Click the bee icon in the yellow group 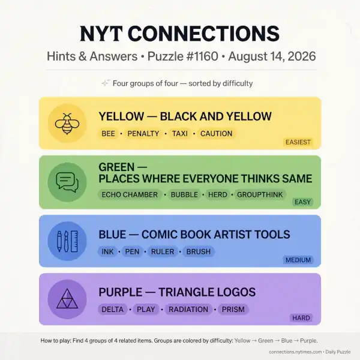pyautogui.click(x=67, y=124)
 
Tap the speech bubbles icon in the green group pyautogui.click(x=67, y=182)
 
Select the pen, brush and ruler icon pyautogui.click(x=67, y=241)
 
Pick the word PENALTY pyautogui.click(x=143, y=134)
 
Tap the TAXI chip pyautogui.click(x=180, y=134)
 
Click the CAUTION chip pyautogui.click(x=216, y=134)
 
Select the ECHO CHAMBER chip pyautogui.click(x=130, y=194)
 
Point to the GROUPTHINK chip pyautogui.click(x=260, y=194)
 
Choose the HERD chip pyautogui.click(x=217, y=194)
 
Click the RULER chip pyautogui.click(x=163, y=251)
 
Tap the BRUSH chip pyautogui.click(x=199, y=251)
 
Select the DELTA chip pyautogui.click(x=113, y=310)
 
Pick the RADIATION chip pyautogui.click(x=188, y=310)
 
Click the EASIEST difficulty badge pyautogui.click(x=298, y=142)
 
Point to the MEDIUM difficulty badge pyautogui.click(x=298, y=260)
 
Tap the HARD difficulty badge pyautogui.click(x=301, y=318)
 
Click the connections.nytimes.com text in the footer pyautogui.click(x=295, y=352)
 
